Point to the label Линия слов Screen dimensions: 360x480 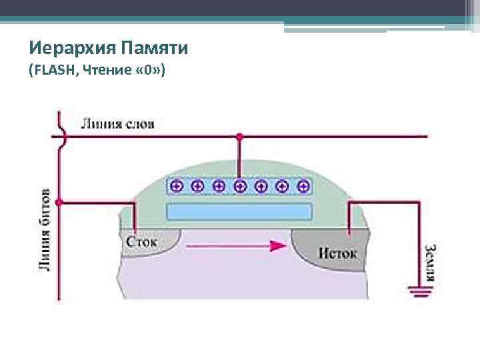(117, 123)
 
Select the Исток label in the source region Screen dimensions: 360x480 (337, 253)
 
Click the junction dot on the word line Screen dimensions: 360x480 (240, 137)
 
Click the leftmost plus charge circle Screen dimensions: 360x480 (176, 186)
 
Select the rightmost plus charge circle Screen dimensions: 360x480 (303, 186)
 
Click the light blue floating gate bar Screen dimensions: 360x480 (239, 212)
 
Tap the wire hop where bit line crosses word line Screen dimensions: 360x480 (62, 136)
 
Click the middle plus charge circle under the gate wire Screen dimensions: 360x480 (240, 186)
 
